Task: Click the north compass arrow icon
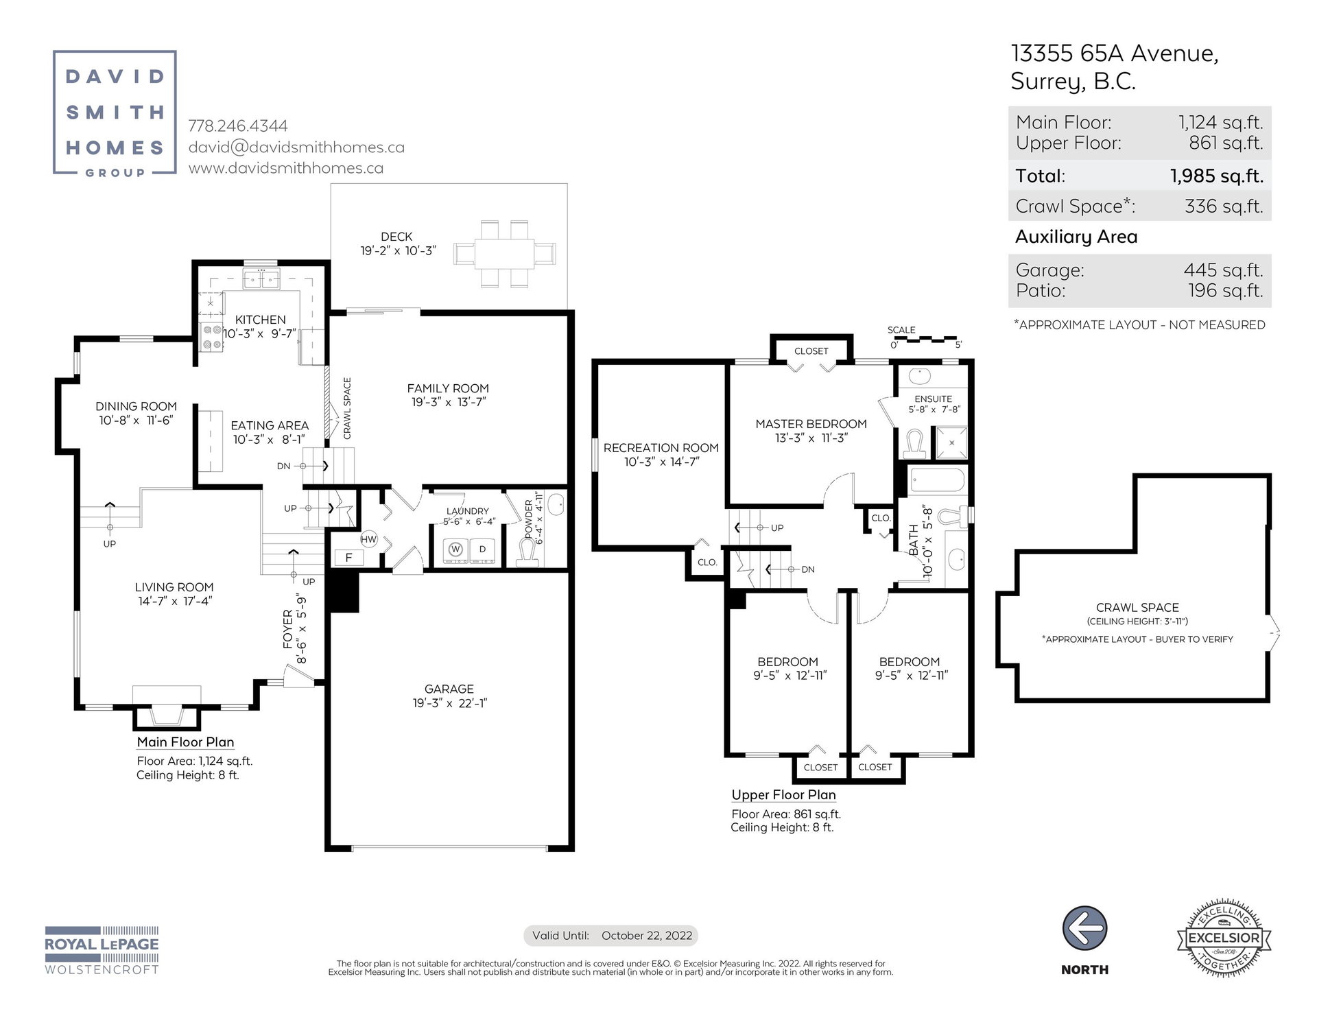click(1084, 929)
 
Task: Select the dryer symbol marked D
click(482, 549)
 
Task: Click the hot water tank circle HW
click(369, 539)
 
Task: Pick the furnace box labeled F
click(348, 558)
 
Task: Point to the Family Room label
click(448, 388)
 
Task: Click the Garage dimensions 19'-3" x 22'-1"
click(449, 703)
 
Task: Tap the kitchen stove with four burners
click(211, 337)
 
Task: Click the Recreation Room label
click(661, 448)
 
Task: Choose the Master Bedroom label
click(811, 424)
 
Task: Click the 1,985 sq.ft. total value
click(1217, 176)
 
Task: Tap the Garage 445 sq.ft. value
click(1223, 270)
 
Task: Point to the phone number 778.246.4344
click(238, 126)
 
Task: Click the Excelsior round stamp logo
click(1223, 937)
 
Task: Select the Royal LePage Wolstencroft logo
click(102, 950)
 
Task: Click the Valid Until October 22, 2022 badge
click(611, 935)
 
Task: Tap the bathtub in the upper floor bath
click(937, 481)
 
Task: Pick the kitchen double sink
click(261, 279)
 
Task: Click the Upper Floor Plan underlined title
click(783, 795)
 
